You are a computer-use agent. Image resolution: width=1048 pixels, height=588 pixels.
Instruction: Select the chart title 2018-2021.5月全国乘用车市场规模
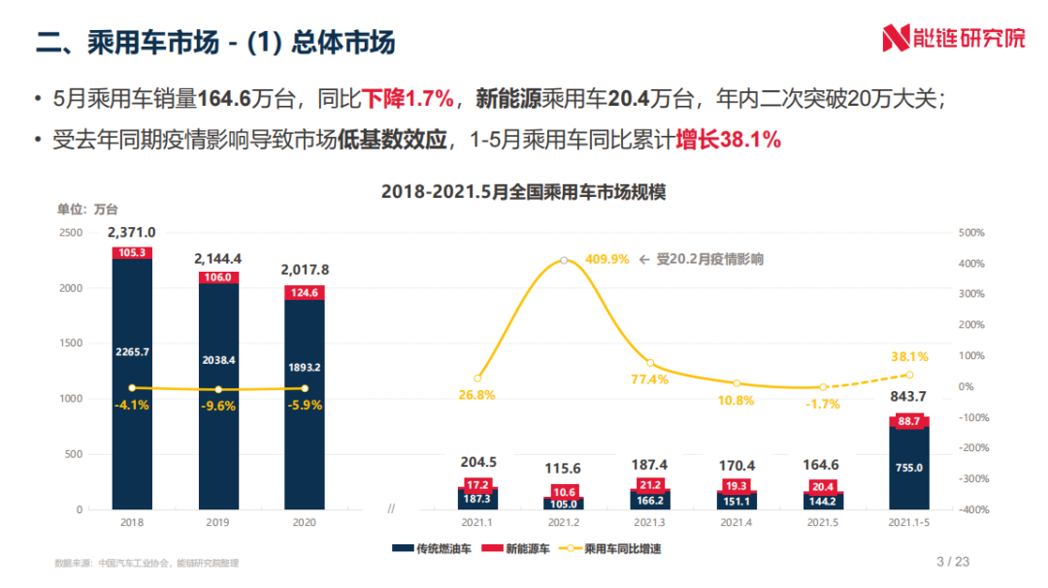pos(523,192)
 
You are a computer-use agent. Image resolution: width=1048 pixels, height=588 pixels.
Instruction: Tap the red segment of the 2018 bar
pos(132,252)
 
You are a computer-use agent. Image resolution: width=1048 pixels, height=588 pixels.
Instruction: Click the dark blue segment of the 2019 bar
pos(218,388)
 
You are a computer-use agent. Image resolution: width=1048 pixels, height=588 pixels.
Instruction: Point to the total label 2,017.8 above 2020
pos(304,269)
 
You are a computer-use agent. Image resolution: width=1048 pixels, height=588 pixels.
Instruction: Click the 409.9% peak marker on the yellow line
pos(564,260)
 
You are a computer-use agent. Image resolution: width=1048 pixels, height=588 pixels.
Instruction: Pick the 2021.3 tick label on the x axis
pos(649,522)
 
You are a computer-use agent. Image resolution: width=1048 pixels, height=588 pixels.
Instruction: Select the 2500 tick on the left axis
pos(70,233)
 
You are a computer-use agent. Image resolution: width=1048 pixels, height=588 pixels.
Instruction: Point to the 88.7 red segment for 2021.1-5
pos(908,420)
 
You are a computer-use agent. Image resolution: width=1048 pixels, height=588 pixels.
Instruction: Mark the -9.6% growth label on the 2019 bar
pos(217,407)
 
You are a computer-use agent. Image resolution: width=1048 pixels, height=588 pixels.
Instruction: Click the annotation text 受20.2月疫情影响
pos(709,259)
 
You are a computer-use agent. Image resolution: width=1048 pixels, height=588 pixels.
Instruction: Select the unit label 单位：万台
pos(87,209)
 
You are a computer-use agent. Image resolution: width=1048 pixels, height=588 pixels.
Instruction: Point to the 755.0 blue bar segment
pos(908,468)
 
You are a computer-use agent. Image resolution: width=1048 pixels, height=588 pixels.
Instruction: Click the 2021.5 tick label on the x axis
pos(822,522)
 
